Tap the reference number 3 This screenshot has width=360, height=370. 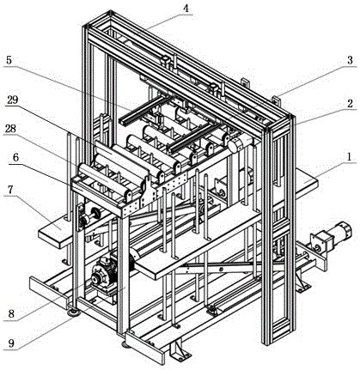pos(350,60)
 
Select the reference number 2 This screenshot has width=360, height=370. pos(350,103)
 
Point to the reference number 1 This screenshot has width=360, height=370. pos(349,157)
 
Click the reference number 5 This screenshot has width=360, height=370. pos(9,60)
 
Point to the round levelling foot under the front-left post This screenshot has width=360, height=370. pos(74,312)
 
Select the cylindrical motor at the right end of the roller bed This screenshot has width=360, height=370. pos(240,143)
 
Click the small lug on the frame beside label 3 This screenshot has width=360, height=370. pos(277,101)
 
